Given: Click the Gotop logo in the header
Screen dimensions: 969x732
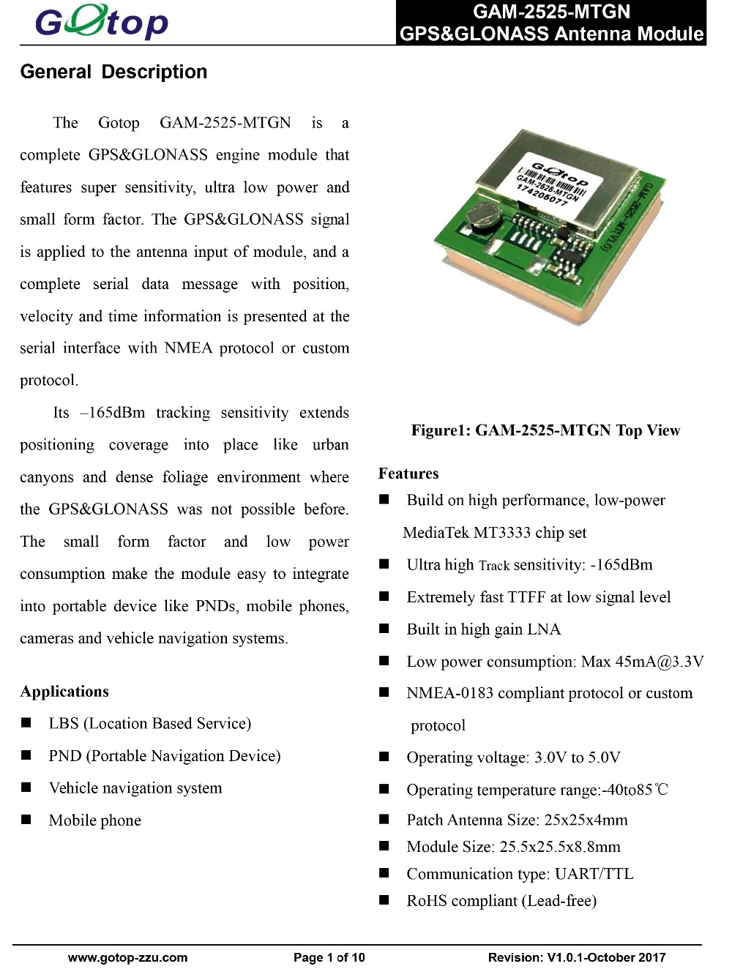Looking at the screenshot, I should point(101,22).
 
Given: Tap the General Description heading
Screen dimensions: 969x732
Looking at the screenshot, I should point(113,72).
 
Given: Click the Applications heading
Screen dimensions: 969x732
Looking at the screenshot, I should point(64,692).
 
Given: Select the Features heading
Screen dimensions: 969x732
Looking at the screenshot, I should point(408,474).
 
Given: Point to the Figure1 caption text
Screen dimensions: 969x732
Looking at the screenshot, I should point(545,430).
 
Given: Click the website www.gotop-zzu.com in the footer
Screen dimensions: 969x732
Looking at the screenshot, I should point(127,957).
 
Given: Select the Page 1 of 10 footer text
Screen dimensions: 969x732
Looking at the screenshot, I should point(329,957).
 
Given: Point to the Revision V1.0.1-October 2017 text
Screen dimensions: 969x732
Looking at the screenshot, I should point(577,957).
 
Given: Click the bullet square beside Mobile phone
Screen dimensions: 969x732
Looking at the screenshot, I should point(26,820).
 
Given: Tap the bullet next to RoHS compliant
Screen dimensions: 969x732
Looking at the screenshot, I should point(384,900).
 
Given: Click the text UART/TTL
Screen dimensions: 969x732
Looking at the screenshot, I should point(594,874).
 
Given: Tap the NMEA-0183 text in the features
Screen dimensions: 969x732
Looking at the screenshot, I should point(450,693).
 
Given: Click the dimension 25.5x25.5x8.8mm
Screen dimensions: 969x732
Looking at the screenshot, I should point(560,847).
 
